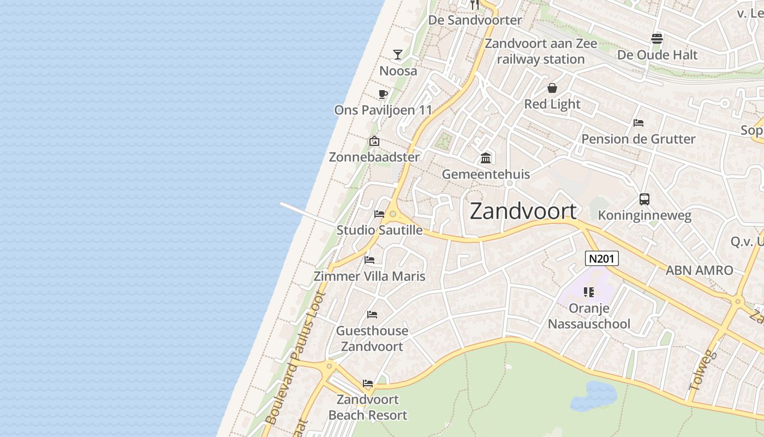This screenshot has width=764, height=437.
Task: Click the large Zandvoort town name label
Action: click(523, 211)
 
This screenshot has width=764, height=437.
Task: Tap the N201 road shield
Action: click(601, 258)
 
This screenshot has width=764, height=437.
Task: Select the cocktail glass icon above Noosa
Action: click(398, 55)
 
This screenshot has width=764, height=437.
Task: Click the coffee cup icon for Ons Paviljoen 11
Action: click(383, 94)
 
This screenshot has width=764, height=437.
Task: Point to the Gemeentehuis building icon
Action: click(485, 158)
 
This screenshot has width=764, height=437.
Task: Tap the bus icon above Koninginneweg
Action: click(644, 199)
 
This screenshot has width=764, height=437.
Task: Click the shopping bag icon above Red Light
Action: click(552, 88)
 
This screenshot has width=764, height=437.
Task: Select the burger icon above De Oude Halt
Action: click(657, 39)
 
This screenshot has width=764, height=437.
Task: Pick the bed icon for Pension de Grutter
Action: click(638, 123)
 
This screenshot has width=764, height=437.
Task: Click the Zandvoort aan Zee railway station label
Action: click(540, 51)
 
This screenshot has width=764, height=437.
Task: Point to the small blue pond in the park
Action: click(593, 396)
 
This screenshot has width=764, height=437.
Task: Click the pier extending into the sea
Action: click(307, 213)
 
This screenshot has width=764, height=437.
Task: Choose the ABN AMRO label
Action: click(699, 270)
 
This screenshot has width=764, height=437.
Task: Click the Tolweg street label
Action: click(702, 370)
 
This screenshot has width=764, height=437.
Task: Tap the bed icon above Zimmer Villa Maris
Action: click(369, 260)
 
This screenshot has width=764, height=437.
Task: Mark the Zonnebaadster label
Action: click(374, 157)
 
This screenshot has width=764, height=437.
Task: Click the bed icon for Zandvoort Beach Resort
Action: click(368, 383)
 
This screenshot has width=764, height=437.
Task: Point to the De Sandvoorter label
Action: click(475, 20)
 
